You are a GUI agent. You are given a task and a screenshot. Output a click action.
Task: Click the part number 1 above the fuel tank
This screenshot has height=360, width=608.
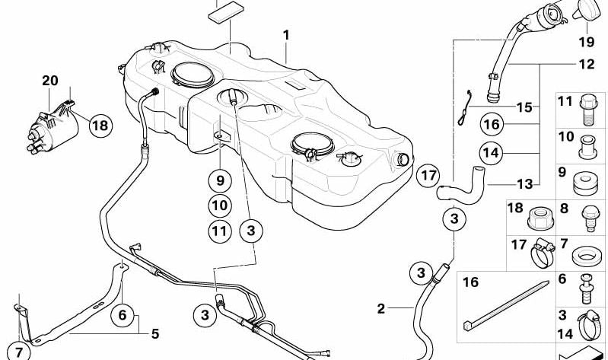tap(286, 35)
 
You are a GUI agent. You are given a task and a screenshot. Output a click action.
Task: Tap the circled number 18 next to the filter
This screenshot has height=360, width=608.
tap(100, 126)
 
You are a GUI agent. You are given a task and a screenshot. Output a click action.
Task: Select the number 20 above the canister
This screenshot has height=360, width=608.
tap(50, 81)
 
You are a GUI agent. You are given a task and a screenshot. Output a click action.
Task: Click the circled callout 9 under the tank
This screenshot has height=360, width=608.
tap(220, 180)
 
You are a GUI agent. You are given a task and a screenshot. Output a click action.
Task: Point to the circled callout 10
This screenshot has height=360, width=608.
tap(220, 205)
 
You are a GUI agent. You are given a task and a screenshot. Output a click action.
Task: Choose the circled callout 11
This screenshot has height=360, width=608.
tap(220, 231)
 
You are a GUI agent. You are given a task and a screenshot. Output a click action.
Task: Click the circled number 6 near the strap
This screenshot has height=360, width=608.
tap(123, 314)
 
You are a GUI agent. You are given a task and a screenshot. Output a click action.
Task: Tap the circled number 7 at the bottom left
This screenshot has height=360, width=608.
tap(18, 352)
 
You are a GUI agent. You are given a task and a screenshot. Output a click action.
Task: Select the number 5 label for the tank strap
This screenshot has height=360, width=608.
tap(155, 333)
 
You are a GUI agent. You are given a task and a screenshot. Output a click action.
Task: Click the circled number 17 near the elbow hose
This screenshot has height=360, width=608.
tap(428, 176)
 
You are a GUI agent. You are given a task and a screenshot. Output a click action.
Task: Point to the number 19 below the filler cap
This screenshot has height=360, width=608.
tap(586, 41)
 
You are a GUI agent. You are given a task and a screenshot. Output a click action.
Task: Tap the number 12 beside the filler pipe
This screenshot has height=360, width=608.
tap(586, 64)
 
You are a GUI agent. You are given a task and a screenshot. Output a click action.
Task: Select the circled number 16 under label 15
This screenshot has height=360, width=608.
tap(492, 124)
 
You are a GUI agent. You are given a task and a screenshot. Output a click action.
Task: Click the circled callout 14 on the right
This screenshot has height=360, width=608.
tap(491, 153)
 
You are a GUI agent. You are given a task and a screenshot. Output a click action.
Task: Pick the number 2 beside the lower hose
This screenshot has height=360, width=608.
tap(381, 309)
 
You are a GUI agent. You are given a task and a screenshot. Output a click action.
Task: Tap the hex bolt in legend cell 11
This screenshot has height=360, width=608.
tap(587, 110)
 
